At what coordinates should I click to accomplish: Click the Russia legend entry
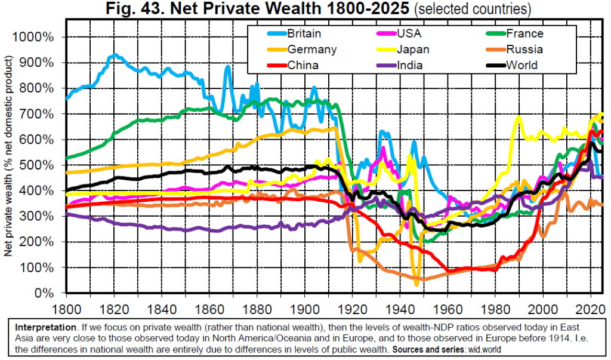521,49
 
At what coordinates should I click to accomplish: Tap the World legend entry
521,65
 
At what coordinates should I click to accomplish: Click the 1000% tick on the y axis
37,37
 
